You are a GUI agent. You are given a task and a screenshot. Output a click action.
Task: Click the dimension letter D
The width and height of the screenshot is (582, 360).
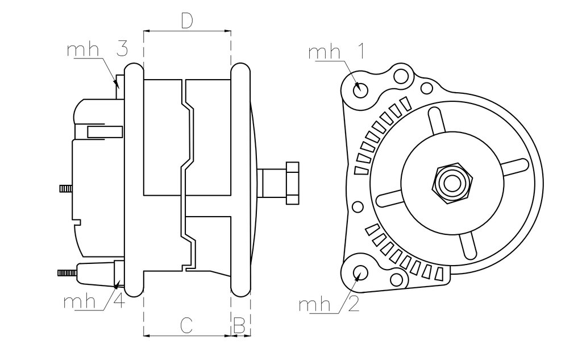[x=187, y=21]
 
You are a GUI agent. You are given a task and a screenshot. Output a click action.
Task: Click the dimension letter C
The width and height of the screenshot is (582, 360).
[x=186, y=325]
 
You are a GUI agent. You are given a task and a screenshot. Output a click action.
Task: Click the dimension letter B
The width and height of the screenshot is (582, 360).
[x=239, y=325]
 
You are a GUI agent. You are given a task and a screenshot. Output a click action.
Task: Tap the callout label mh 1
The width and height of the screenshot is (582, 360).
[x=336, y=52]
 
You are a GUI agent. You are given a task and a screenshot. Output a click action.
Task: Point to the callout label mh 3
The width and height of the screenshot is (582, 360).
[x=98, y=49]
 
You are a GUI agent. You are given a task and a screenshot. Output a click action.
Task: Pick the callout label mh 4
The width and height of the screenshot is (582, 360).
[x=94, y=301]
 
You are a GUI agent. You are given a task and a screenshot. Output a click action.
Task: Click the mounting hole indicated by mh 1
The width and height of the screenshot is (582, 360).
[x=360, y=90]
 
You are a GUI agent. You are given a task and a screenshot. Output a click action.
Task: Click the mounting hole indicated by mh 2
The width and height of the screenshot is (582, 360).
[x=360, y=272]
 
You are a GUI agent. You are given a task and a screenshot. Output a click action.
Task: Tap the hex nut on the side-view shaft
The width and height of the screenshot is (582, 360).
[x=292, y=183]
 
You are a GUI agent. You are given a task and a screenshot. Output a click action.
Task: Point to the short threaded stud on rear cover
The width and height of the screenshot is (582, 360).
[x=66, y=189]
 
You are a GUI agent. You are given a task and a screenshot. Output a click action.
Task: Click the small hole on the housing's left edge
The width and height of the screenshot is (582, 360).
[x=357, y=207]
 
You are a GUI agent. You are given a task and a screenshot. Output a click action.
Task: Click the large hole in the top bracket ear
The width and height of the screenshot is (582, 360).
[x=401, y=76]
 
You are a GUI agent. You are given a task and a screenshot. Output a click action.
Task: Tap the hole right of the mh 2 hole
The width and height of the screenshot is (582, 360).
[x=396, y=279]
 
